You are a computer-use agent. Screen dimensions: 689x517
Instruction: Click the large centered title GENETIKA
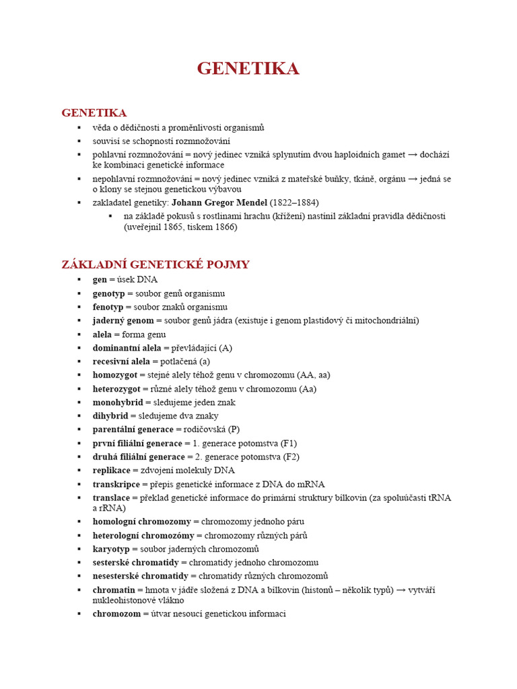tap(248, 69)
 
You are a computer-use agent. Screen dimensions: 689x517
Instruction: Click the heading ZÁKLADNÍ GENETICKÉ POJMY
tap(156, 264)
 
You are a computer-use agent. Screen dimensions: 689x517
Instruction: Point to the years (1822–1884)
tap(294, 203)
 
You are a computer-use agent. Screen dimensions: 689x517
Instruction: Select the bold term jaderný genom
tap(123, 320)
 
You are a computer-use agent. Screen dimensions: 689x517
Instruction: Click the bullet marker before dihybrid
tap(79, 416)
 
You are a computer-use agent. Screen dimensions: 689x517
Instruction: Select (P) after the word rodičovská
tap(234, 429)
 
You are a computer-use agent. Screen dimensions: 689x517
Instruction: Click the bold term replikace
tap(112, 470)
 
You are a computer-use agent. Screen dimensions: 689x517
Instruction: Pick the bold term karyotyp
tap(112, 549)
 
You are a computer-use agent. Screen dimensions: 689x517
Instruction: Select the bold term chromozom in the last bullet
tap(116, 614)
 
